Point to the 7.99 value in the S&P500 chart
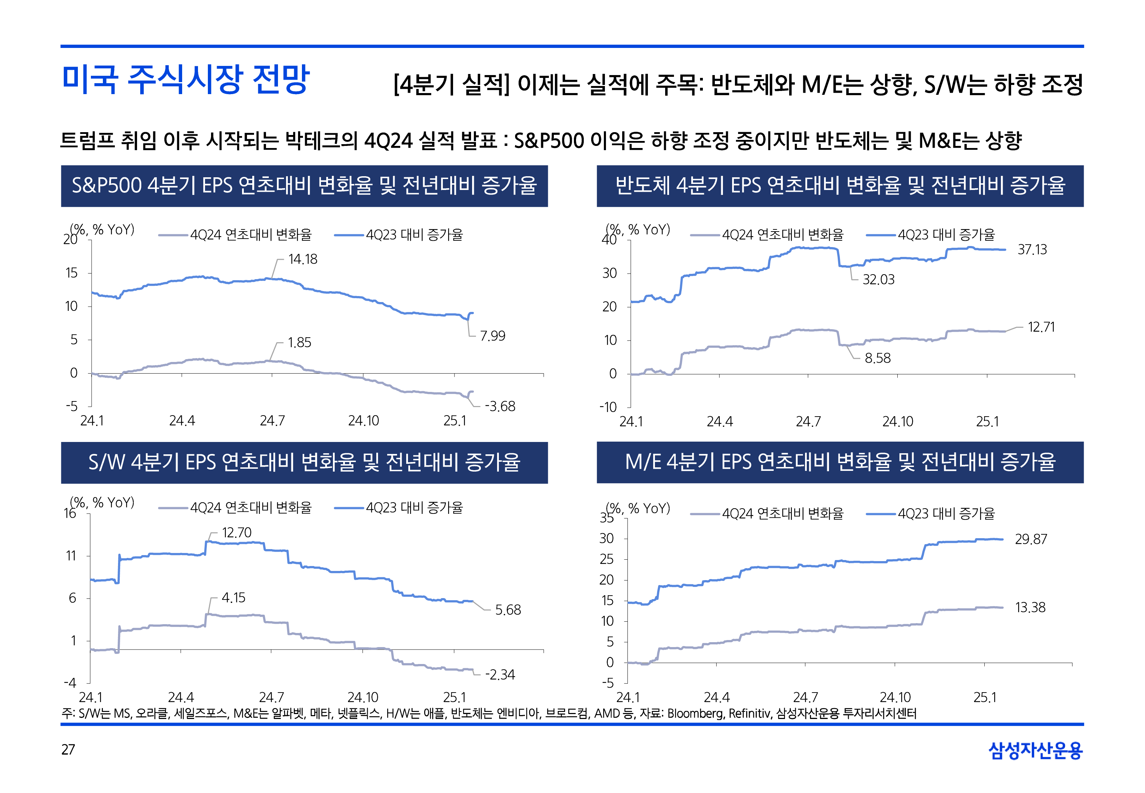(492, 336)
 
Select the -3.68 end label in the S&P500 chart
(500, 406)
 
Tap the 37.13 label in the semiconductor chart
(1032, 250)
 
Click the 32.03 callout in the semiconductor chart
(878, 280)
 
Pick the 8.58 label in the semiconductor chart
(877, 358)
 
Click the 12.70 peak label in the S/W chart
(236, 533)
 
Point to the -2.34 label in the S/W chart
(500, 675)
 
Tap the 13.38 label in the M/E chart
(1030, 607)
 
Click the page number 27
(68, 749)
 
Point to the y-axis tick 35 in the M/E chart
(606, 518)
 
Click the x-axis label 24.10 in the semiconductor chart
(897, 422)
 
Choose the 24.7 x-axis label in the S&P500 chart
(272, 421)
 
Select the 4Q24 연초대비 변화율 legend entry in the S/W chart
(251, 508)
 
